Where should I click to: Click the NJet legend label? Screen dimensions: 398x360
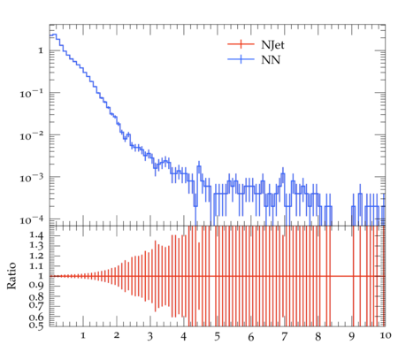click(x=272, y=45)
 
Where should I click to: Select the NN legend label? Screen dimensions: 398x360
click(x=271, y=60)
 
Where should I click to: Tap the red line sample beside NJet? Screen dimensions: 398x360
click(x=241, y=44)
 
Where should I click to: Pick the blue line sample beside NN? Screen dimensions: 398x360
click(x=241, y=59)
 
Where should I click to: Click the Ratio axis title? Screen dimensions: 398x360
click(x=11, y=276)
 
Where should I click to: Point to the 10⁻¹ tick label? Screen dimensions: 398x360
click(x=31, y=94)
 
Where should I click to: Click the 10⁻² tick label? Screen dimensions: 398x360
click(x=31, y=136)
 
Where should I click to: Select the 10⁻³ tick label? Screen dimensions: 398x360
click(x=31, y=178)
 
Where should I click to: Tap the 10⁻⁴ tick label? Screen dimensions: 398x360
click(x=31, y=220)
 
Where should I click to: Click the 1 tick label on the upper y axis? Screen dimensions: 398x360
click(x=41, y=50)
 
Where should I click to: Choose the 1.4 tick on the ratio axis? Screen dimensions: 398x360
click(x=36, y=235)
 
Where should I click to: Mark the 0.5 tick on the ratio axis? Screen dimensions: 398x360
click(x=36, y=326)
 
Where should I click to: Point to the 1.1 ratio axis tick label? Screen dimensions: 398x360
click(x=36, y=266)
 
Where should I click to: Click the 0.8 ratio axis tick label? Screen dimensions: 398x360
click(x=36, y=296)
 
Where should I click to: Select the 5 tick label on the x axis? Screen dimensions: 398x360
click(x=218, y=336)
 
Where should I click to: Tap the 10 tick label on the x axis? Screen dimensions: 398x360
click(x=386, y=335)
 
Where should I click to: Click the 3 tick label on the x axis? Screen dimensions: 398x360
click(x=150, y=336)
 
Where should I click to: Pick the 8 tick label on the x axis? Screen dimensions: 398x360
click(x=318, y=336)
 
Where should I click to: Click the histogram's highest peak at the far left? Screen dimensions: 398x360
click(x=54, y=34)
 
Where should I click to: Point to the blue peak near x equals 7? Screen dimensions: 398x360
click(x=283, y=173)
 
